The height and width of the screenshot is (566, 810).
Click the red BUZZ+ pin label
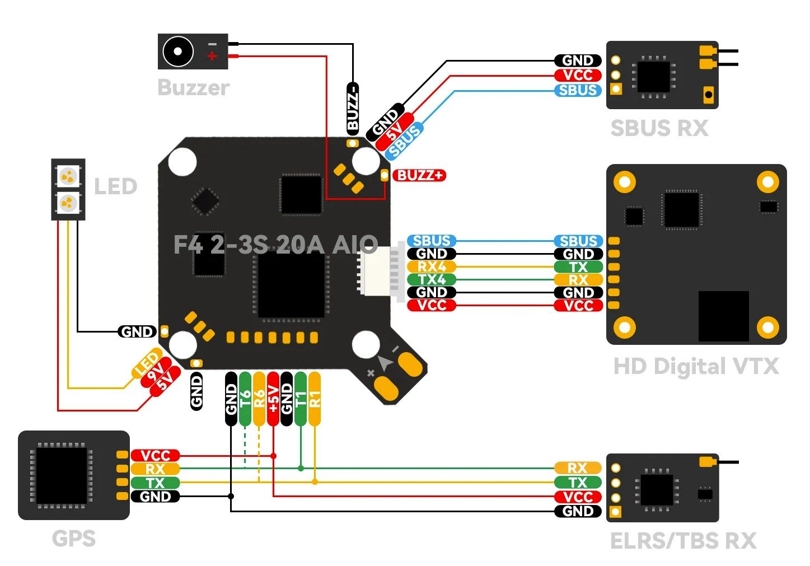[x=420, y=175]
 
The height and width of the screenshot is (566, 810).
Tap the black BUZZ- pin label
[x=353, y=107]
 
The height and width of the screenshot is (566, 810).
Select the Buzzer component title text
[x=194, y=88]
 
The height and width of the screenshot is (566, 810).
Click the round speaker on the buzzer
[x=178, y=52]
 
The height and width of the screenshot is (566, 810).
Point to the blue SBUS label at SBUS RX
[x=578, y=90]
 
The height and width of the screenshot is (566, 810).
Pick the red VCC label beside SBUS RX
[x=578, y=75]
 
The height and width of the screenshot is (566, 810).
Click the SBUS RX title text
[x=659, y=128]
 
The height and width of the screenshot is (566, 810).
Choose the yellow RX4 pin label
[x=432, y=266]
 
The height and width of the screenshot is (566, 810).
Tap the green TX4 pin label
[x=432, y=279]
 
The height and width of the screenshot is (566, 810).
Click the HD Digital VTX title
[x=696, y=367]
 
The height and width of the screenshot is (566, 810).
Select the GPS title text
[x=74, y=539]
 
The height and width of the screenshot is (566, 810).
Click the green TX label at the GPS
[x=155, y=483]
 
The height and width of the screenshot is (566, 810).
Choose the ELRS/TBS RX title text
[x=683, y=541]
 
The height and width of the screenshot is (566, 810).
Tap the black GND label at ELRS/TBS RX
[x=578, y=511]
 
